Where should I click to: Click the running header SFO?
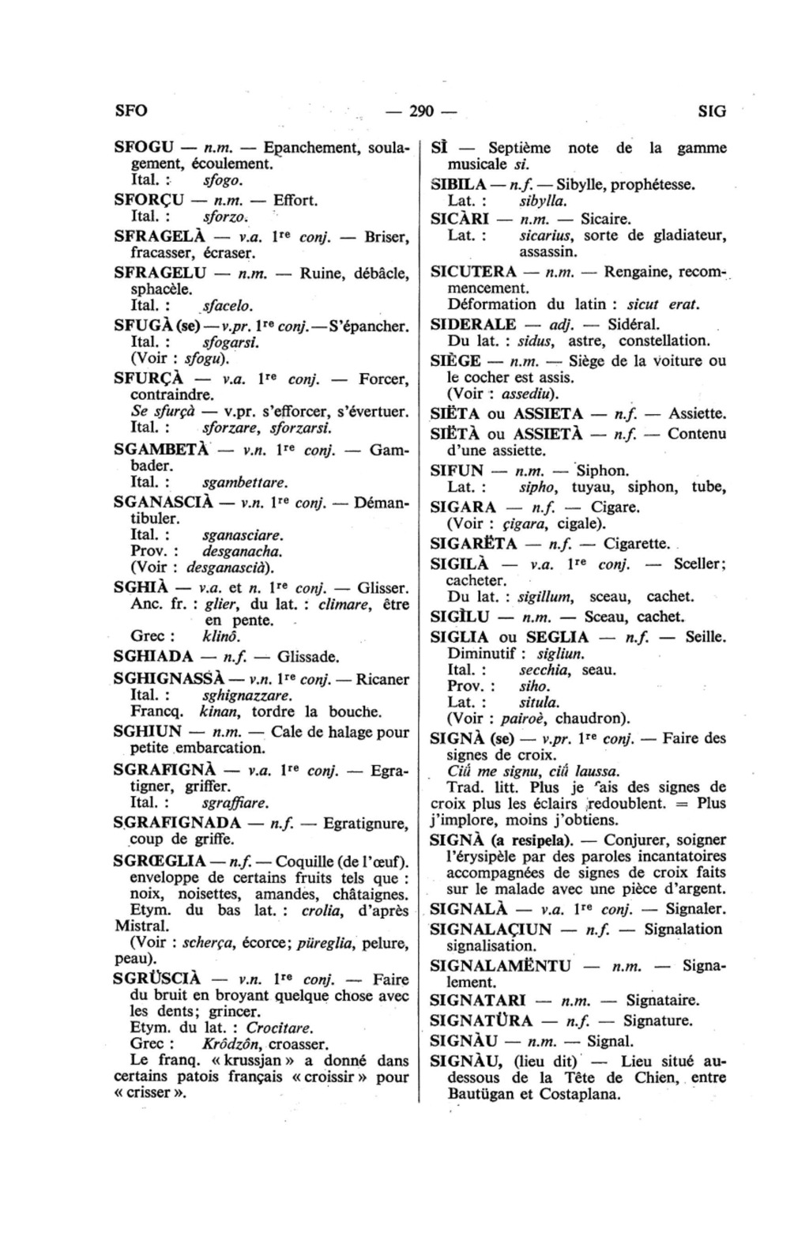tap(131, 111)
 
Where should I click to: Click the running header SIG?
tap(711, 111)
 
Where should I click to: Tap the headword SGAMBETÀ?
tap(161, 449)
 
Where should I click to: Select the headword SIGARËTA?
tap(474, 544)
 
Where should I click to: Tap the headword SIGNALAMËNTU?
tap(499, 965)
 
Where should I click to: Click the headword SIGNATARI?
tap(478, 1001)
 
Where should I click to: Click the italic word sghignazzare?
tap(247, 696)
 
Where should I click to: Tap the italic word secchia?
tap(545, 670)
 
